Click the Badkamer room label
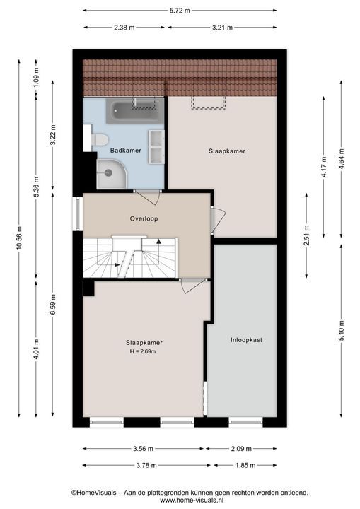coord(125,151)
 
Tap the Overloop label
coord(144,218)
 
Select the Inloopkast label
coord(246,340)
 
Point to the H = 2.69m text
coord(143,351)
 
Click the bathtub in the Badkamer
coord(134,111)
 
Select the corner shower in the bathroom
coord(112,174)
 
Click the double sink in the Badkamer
coord(156,147)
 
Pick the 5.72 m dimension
coord(180,11)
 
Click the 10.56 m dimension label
coord(19,238)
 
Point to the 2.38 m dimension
coord(124,28)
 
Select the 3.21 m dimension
coord(222,28)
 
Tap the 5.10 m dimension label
coord(341,331)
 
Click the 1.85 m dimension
coord(245,465)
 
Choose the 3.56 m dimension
coord(143,449)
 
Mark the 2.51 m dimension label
coord(306,235)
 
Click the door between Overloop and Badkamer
coord(148,197)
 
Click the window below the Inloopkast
coord(245,422)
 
